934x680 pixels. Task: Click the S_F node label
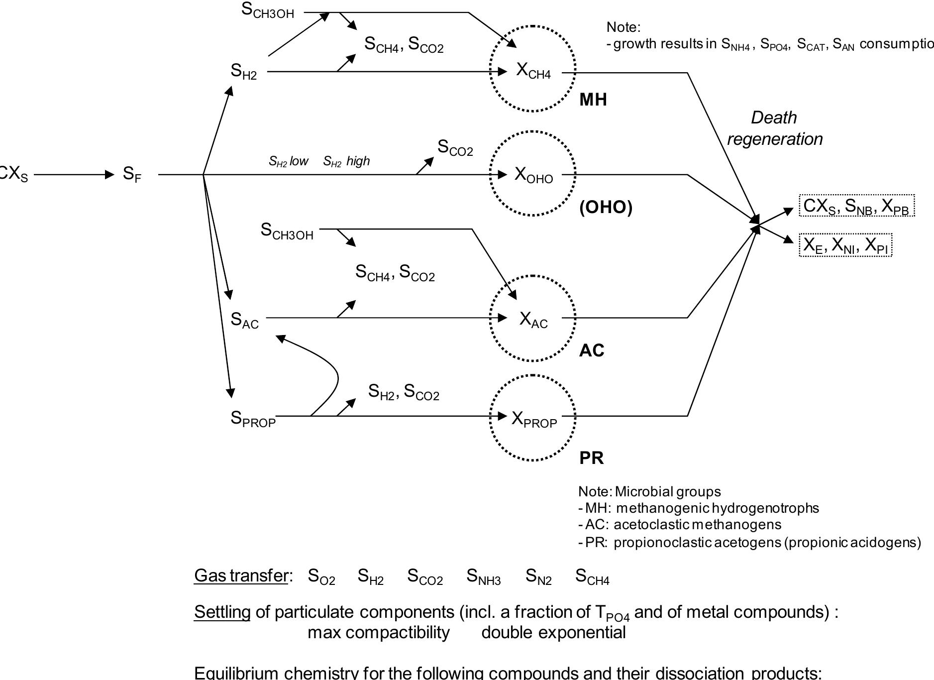coord(132,175)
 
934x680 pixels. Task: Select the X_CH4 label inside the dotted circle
coord(533,71)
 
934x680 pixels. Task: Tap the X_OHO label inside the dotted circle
coord(533,175)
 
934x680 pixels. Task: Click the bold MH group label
coord(593,100)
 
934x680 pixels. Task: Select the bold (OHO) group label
coord(606,207)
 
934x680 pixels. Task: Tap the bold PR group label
coord(591,458)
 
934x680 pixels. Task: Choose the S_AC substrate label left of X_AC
coord(244,320)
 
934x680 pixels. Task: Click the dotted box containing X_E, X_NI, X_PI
coord(845,245)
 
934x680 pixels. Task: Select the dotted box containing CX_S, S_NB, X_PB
coord(856,206)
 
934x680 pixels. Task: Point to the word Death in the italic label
coord(773,118)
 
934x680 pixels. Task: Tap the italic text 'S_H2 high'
coord(346,161)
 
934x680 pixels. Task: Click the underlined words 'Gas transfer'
coord(241,575)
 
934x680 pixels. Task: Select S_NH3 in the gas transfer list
coord(483,576)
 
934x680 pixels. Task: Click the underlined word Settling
coord(222,612)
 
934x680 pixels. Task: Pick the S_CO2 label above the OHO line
coord(455,148)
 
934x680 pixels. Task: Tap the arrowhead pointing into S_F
coord(109,175)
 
